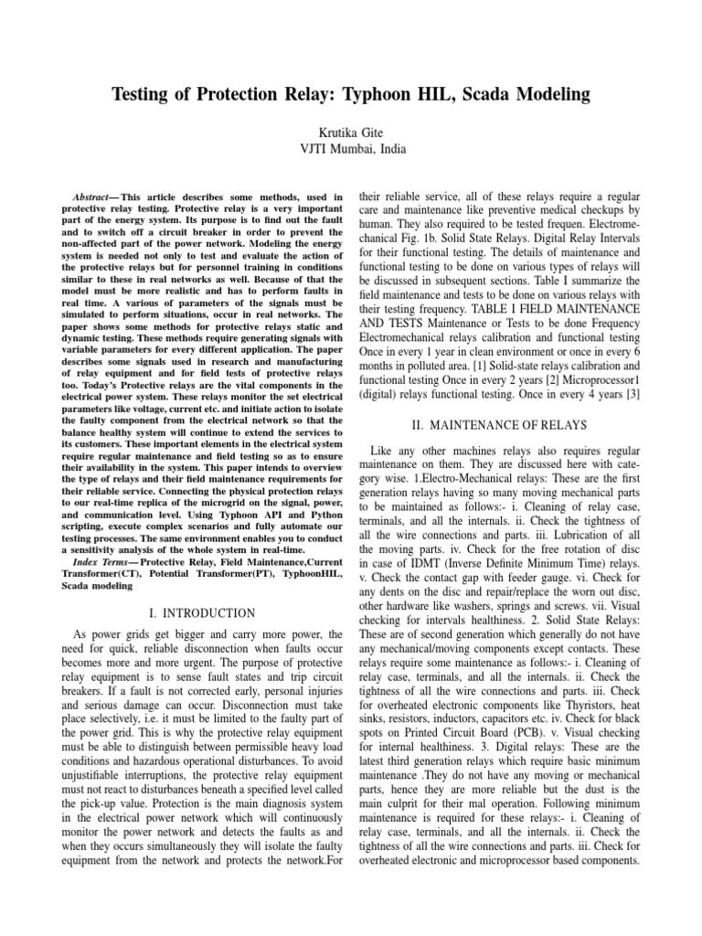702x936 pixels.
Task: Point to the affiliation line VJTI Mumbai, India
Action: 351,149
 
